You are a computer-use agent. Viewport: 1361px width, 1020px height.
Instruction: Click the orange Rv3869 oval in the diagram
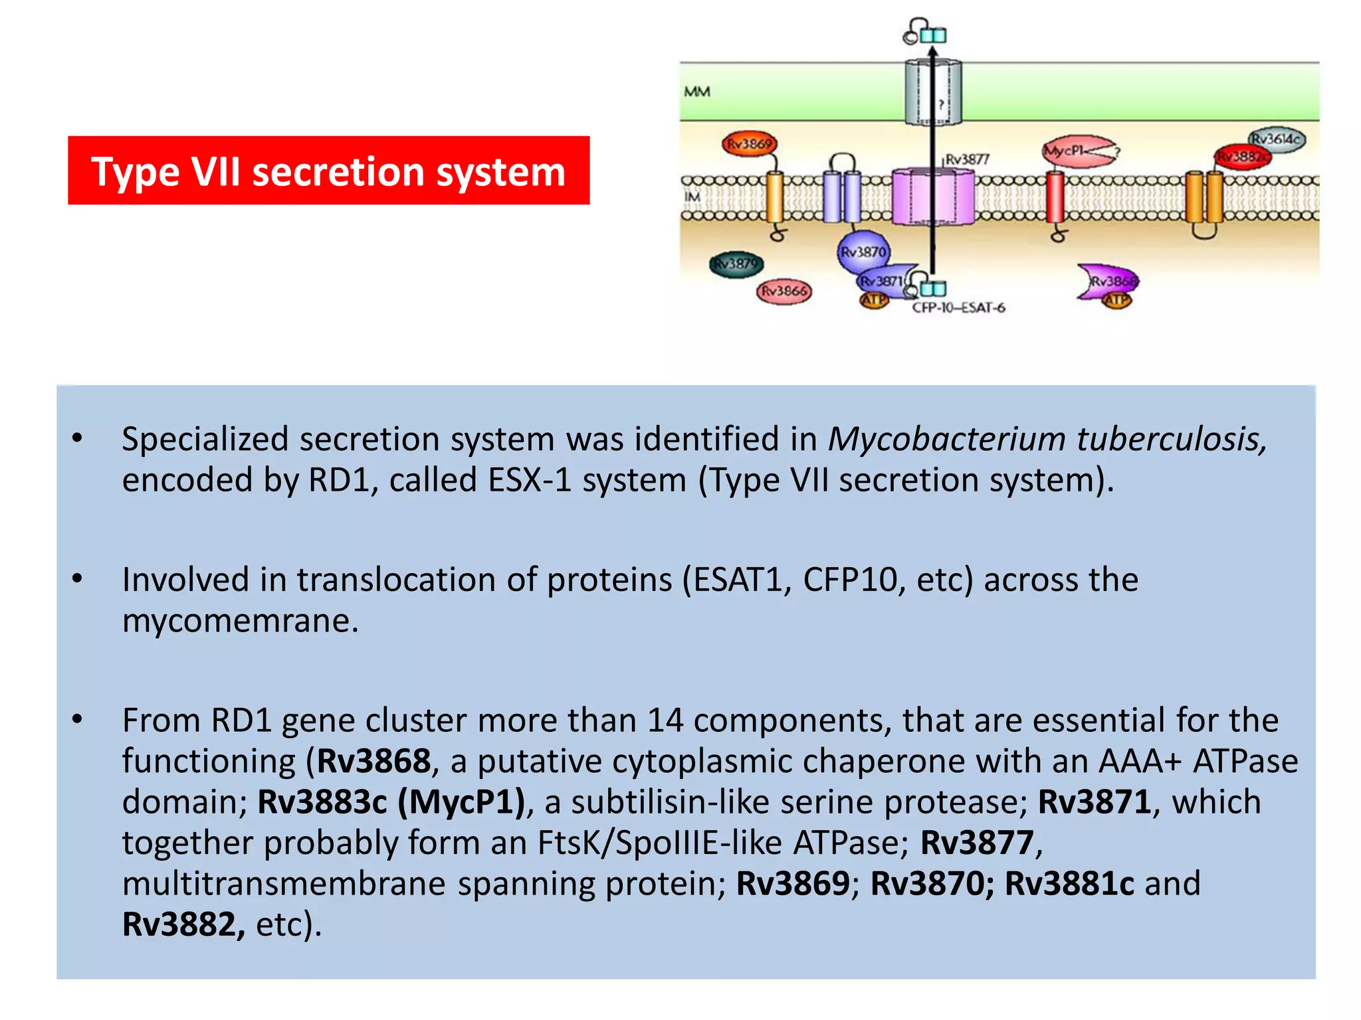(x=749, y=143)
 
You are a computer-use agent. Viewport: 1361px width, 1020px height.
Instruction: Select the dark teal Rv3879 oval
(x=736, y=264)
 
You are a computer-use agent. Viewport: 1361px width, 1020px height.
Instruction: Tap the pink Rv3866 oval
(x=784, y=291)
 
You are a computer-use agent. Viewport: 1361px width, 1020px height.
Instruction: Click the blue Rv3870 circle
(x=863, y=252)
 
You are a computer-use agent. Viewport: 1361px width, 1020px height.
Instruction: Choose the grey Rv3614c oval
(x=1276, y=139)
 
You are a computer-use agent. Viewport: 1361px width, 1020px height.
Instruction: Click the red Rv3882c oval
(x=1241, y=157)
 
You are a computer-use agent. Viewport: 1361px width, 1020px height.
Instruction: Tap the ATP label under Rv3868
(x=1116, y=301)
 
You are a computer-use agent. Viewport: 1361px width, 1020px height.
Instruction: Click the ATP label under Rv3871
(x=874, y=301)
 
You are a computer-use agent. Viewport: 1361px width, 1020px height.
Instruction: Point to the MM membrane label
(x=696, y=92)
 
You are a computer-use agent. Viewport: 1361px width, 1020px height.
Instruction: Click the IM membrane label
(x=692, y=197)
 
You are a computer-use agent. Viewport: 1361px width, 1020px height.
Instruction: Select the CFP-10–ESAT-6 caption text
(x=958, y=308)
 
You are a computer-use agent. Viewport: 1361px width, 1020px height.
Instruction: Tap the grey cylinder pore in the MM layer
(x=932, y=92)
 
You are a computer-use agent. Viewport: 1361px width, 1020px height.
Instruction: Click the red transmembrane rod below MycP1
(x=1055, y=197)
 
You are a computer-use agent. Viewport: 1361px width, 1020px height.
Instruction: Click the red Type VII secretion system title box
(x=328, y=171)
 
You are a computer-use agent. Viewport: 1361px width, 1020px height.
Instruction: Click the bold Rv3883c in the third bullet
(x=322, y=802)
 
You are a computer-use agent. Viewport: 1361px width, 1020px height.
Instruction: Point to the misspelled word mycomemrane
(x=240, y=622)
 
